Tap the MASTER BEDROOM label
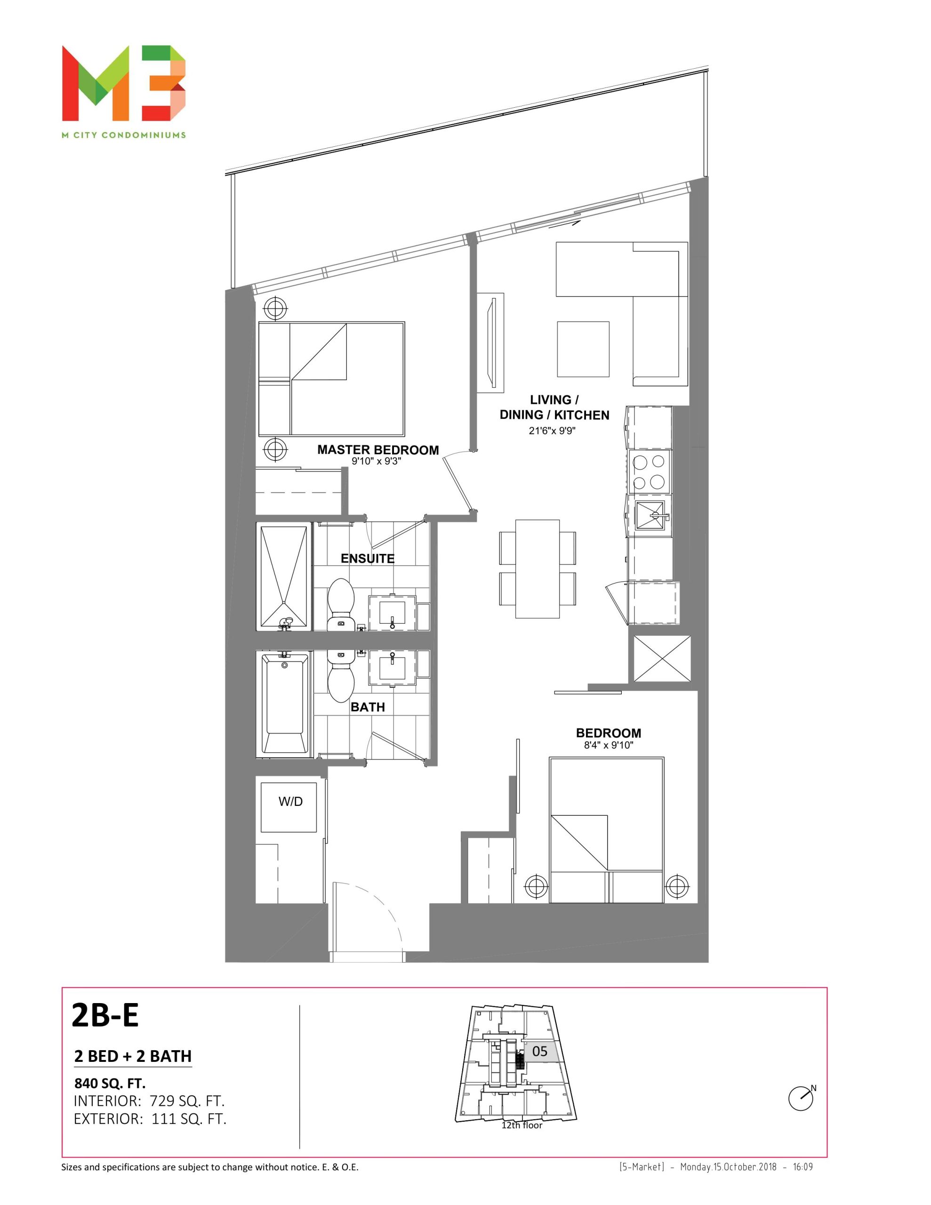coord(378,450)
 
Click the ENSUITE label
coord(368,558)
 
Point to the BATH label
coord(368,707)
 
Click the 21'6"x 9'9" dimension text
coord(552,431)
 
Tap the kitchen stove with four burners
coord(650,471)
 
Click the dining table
coord(538,569)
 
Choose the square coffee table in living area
coord(583,349)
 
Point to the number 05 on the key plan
coord(540,1051)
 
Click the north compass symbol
coord(801,1097)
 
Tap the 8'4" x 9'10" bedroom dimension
coord(608,746)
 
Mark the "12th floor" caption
coord(522,1125)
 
